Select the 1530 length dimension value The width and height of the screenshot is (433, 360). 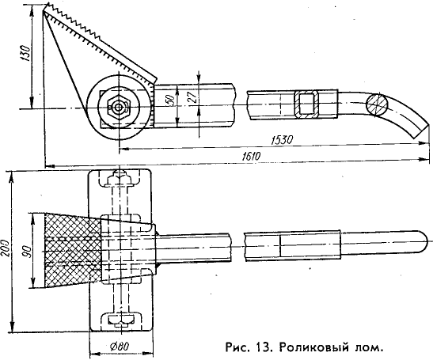281,140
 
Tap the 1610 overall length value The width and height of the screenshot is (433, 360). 251,156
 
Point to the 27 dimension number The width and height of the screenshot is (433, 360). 194,97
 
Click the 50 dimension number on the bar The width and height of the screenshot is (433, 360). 170,100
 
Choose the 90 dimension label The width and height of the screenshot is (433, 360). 27,252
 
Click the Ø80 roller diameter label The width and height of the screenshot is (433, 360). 120,346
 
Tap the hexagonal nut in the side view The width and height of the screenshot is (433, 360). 119,107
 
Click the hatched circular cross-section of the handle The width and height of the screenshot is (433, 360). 377,104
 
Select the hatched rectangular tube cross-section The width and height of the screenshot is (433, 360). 306,104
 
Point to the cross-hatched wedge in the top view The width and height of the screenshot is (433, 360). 72,252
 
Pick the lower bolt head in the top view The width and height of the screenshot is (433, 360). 120,320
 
